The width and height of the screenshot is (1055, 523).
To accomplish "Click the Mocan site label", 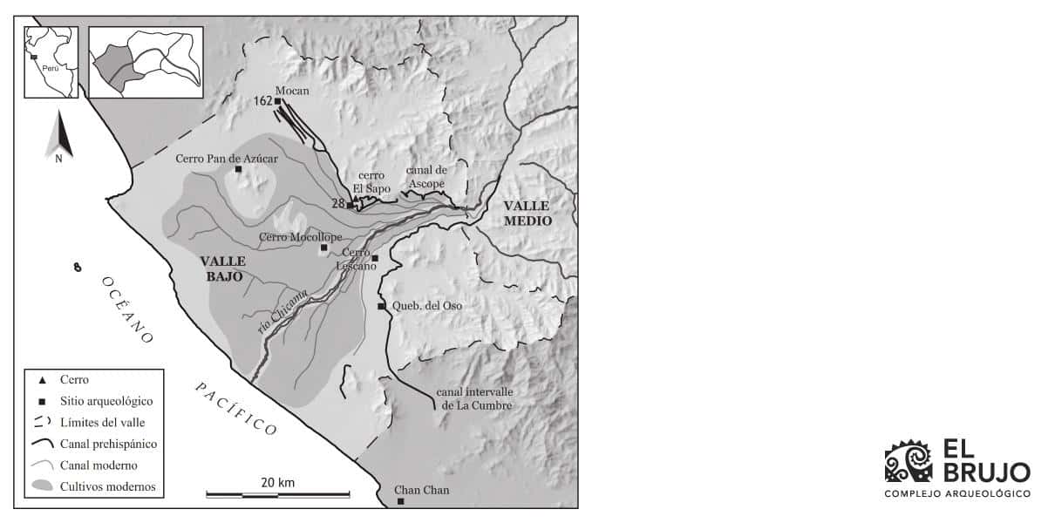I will tap(292, 91).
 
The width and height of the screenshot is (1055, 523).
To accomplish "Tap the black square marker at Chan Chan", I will tap(400, 501).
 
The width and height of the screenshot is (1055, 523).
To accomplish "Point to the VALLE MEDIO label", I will tap(527, 213).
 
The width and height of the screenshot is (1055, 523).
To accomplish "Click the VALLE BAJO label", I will tap(222, 268).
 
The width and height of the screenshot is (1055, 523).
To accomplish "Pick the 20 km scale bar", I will tap(277, 494).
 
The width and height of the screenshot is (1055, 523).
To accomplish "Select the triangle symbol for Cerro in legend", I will tap(43, 380).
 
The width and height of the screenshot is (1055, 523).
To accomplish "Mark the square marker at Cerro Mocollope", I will tap(324, 248).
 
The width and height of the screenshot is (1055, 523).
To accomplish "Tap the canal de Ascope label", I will tap(426, 177).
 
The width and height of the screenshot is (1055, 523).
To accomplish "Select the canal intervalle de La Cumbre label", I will tap(475, 399).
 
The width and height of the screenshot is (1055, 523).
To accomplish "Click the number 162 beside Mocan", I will tap(262, 101).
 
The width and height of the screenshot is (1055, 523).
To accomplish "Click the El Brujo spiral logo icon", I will tap(909, 461).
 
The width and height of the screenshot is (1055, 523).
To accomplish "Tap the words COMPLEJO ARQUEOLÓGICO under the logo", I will tap(956, 494).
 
